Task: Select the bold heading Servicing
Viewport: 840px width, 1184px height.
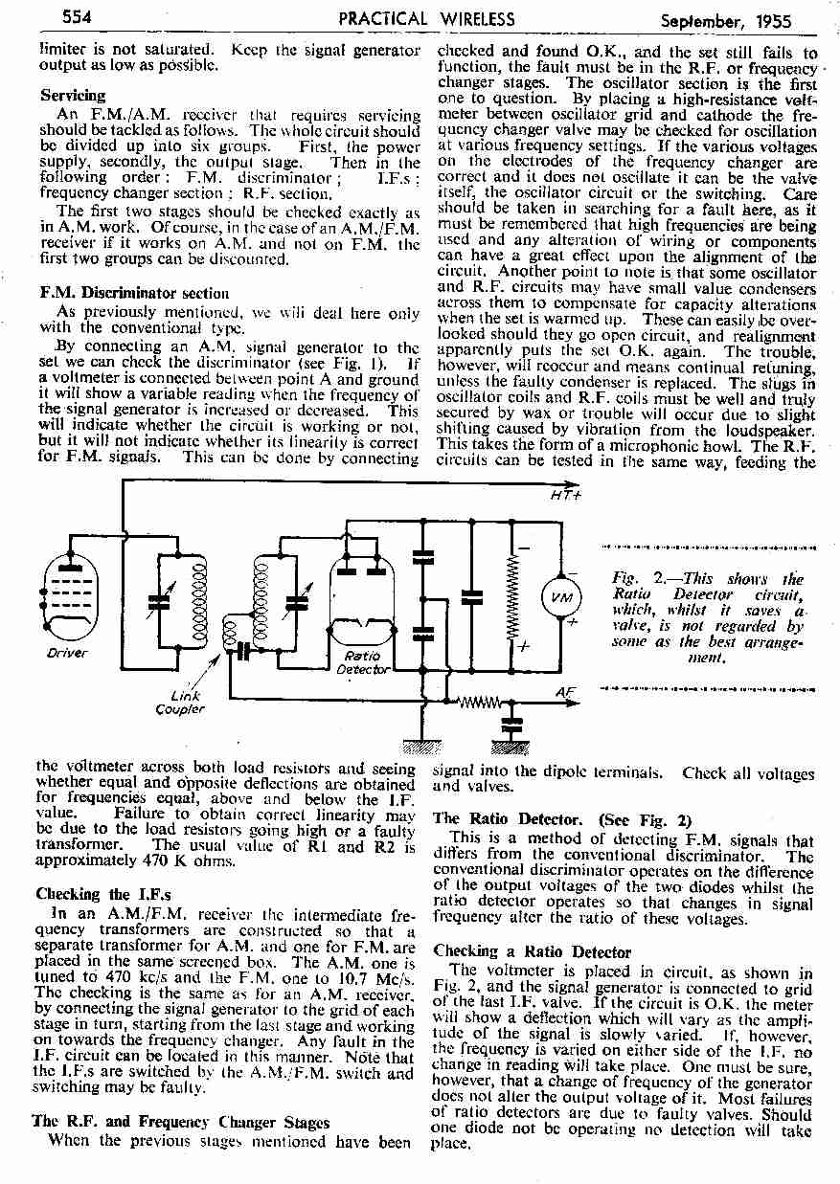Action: click(73, 96)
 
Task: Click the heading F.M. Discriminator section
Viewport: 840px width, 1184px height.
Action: click(134, 293)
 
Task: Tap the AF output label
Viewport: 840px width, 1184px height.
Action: click(565, 691)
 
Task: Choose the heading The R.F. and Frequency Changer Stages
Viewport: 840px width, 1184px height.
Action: click(181, 1121)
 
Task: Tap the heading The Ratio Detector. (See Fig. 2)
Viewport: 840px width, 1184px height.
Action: click(561, 819)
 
